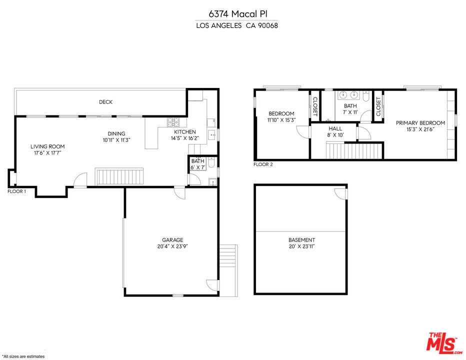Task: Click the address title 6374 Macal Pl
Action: tap(238, 14)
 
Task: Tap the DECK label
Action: tap(106, 102)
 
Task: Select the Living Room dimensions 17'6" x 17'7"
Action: tap(47, 153)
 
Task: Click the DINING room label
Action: tap(116, 134)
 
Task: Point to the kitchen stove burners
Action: tap(173, 122)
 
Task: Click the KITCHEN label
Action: tap(185, 131)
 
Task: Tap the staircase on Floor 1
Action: tap(119, 176)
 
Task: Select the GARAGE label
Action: tap(172, 239)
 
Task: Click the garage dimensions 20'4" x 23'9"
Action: tap(172, 246)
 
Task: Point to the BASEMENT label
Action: tap(301, 239)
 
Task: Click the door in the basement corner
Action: tap(341, 193)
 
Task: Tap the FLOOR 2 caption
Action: tap(263, 164)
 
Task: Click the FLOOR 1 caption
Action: tap(16, 191)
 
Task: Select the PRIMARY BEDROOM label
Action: tap(420, 123)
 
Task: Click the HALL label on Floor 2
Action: tap(335, 128)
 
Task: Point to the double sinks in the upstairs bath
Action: tap(348, 95)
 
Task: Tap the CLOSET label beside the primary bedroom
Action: tap(378, 106)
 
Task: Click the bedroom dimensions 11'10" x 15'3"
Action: tap(281, 120)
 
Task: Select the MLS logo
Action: tap(443, 343)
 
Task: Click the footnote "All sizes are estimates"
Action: tap(23, 356)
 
